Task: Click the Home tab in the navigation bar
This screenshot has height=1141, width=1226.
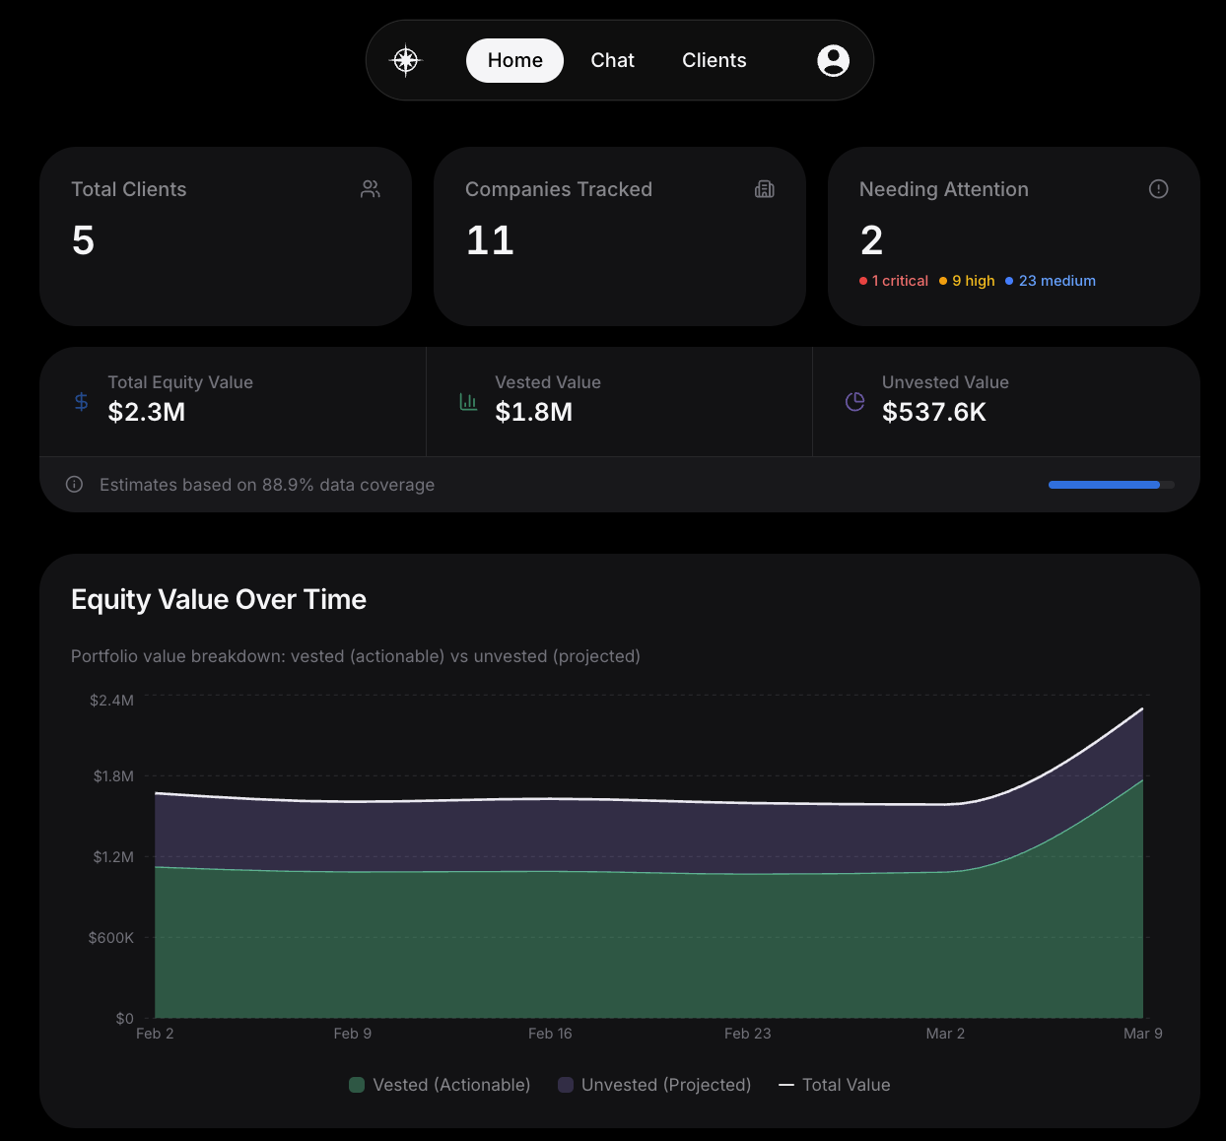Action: point(514,60)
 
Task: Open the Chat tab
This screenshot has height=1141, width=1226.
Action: point(612,60)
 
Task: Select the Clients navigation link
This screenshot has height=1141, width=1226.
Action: point(714,60)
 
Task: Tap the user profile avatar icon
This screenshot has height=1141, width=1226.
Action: point(833,60)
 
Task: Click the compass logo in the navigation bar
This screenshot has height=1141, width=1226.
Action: point(406,60)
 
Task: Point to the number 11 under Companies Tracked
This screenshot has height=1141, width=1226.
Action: point(490,240)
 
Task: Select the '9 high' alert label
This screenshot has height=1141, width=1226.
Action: point(968,281)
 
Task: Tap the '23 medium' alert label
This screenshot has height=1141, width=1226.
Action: point(1052,281)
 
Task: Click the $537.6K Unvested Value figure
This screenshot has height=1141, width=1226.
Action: point(933,412)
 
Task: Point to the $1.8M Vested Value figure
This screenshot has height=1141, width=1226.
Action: point(533,412)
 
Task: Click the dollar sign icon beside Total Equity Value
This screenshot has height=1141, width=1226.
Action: point(82,401)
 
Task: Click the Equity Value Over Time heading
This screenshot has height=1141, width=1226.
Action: point(219,599)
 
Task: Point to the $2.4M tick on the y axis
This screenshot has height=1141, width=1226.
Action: point(111,701)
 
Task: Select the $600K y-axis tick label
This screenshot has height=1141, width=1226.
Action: point(110,938)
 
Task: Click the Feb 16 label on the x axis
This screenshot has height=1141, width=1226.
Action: point(550,1034)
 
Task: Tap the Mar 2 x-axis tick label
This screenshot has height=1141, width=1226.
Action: point(945,1034)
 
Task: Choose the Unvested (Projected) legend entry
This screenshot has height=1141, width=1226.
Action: point(655,1085)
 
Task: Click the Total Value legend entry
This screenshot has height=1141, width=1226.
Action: point(835,1085)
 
